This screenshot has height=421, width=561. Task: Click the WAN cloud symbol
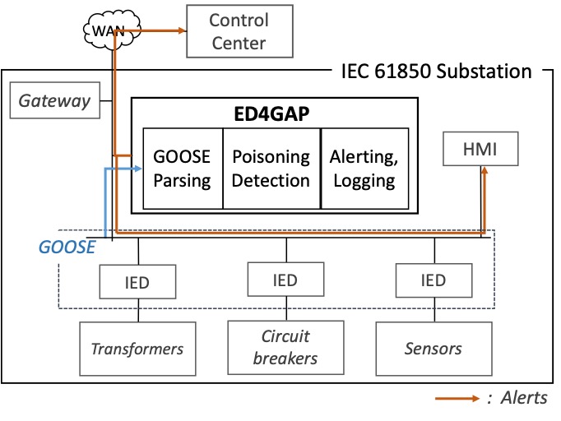tap(109, 32)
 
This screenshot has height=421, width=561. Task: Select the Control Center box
tap(238, 31)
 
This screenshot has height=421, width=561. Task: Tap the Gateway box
tap(54, 101)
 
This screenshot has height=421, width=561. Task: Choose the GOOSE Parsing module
tap(183, 168)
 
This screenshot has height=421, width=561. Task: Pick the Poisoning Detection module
tap(271, 168)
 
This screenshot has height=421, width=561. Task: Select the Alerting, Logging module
tap(363, 168)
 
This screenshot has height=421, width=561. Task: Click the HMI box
tap(481, 150)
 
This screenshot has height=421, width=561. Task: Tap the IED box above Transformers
tap(137, 282)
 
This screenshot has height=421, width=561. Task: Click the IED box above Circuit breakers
tap(285, 280)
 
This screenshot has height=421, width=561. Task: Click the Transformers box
tap(137, 349)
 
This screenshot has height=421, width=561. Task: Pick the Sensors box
tap(433, 349)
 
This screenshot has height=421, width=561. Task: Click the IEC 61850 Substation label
tap(436, 71)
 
